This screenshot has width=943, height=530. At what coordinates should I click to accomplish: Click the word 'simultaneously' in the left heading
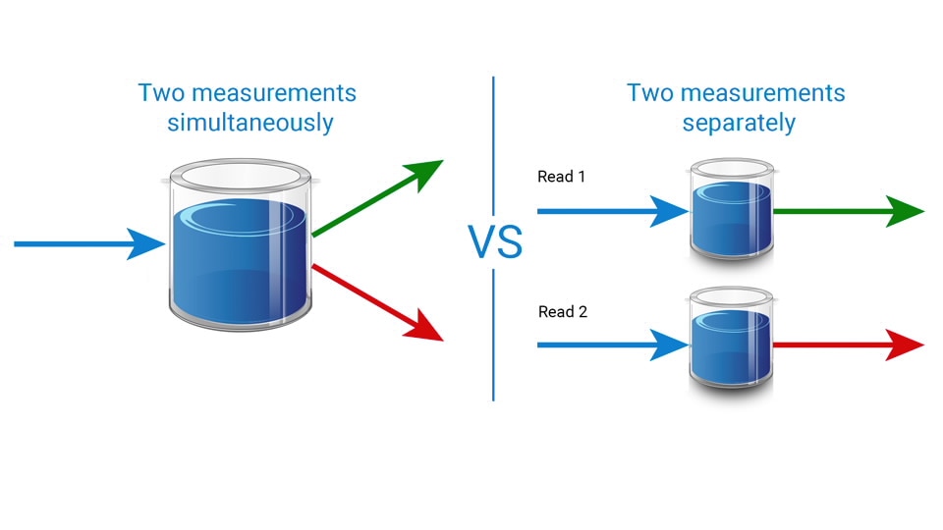tap(250, 124)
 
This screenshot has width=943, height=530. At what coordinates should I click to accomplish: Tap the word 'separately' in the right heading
tap(738, 124)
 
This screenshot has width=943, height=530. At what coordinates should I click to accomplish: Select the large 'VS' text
tap(495, 242)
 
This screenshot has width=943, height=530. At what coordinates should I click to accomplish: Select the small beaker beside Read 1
tap(730, 211)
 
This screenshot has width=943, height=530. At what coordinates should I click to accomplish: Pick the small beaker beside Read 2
tap(730, 344)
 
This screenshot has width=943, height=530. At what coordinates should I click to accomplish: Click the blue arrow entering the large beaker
tap(88, 243)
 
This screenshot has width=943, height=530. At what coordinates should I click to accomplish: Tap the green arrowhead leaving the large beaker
tap(423, 174)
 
